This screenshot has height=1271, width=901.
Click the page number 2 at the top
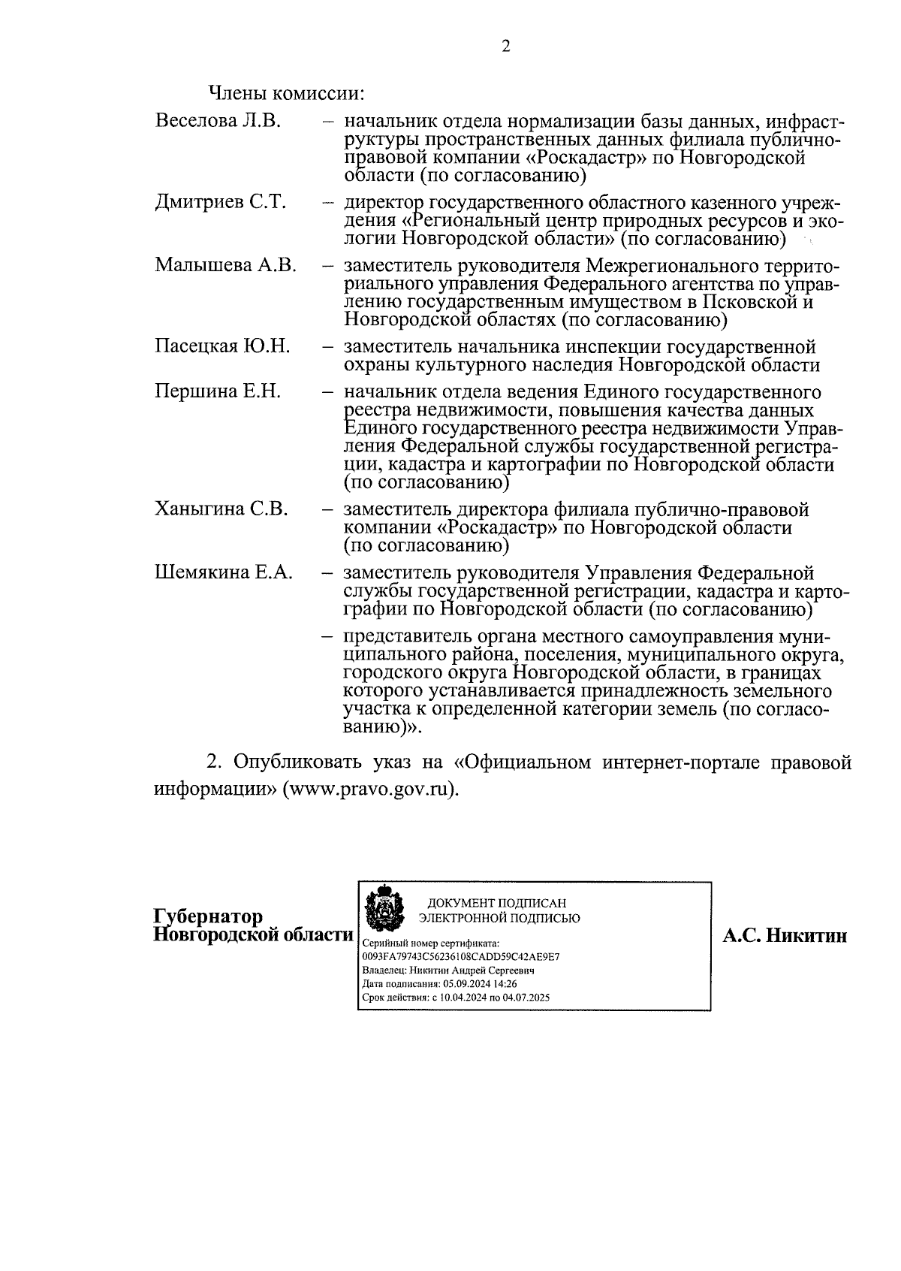pos(505,47)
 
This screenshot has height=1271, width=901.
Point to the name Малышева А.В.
pos(226,265)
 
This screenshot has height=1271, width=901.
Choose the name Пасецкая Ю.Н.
pos(222,346)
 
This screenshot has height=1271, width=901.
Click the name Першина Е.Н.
pos(218,391)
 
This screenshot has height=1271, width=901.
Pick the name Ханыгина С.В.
pos(221,509)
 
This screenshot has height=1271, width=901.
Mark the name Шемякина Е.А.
pos(224,572)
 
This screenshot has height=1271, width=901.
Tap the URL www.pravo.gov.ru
pos(370,791)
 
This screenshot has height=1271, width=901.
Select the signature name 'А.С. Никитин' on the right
pos(785,935)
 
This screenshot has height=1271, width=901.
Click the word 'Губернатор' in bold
pos(208,916)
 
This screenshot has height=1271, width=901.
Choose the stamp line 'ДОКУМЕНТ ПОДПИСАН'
pos(497,903)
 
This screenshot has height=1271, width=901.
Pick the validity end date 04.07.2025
pos(526,998)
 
